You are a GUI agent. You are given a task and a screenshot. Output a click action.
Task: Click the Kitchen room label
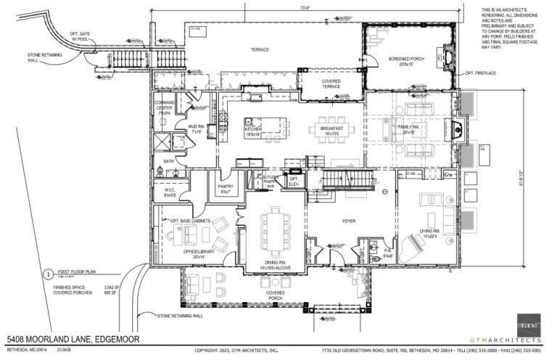[253, 131]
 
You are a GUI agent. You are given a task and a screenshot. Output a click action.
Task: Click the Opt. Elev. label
[294, 181]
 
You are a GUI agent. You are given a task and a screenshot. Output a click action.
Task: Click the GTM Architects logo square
[529, 324]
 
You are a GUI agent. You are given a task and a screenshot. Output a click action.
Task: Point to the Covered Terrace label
[331, 83]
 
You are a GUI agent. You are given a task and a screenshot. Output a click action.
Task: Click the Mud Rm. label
[196, 130]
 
